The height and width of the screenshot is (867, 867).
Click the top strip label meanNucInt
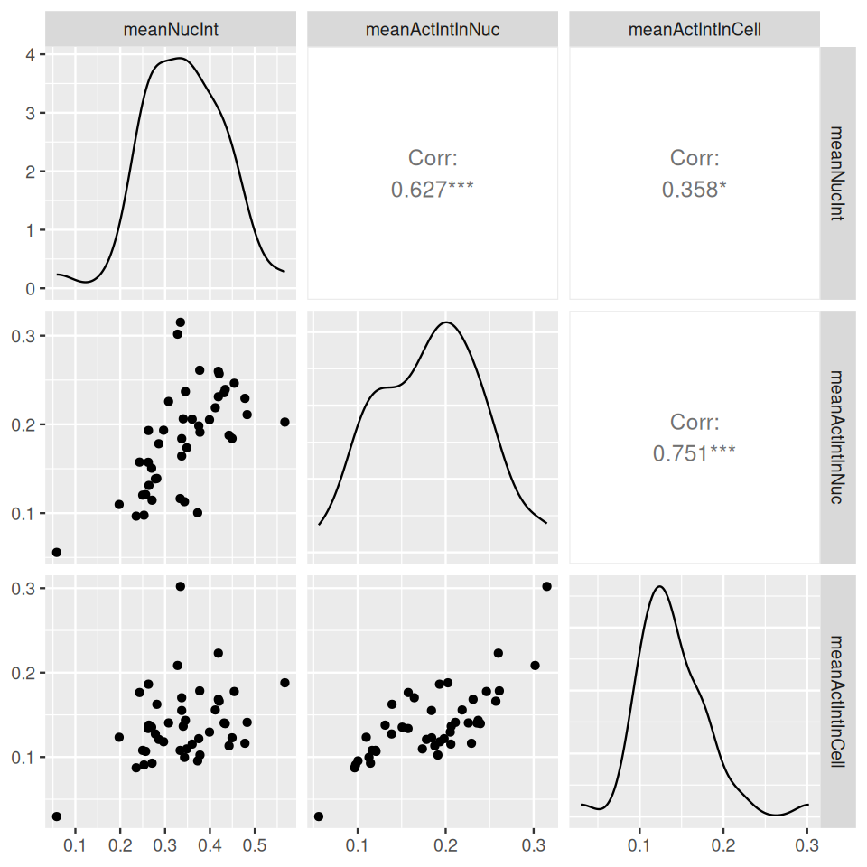pos(171,30)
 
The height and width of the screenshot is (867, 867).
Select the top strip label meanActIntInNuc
pos(433,30)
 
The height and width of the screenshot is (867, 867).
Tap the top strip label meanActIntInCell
pos(695,30)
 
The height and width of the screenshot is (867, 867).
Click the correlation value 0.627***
pos(433,190)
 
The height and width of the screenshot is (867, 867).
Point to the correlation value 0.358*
pos(695,190)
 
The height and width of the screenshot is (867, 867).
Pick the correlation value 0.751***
pos(695,452)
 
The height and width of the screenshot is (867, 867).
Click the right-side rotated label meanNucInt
pos(836,172)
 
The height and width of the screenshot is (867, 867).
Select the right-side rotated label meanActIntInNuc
pos(836,435)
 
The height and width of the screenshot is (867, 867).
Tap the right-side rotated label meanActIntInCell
pos(836,698)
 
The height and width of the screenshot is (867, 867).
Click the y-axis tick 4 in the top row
pos(30,54)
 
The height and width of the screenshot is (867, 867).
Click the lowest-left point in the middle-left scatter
pos(56,552)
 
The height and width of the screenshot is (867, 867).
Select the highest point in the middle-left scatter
pos(180,322)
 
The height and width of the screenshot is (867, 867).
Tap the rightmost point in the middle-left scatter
pos(284,422)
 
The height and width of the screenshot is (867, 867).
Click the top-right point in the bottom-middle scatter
pos(546,586)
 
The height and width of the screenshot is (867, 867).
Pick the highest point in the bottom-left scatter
pos(180,586)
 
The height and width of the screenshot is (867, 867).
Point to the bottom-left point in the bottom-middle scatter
pos(319,816)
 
